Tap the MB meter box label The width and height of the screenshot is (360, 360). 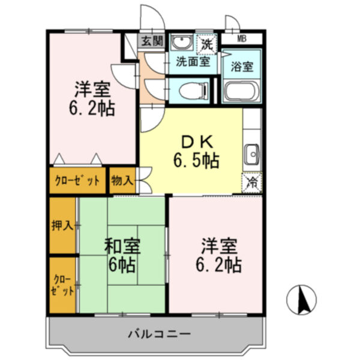[241, 39]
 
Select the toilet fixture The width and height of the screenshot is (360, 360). [193, 90]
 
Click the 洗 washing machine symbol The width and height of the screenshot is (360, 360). [206, 43]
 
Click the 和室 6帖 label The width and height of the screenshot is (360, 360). [122, 255]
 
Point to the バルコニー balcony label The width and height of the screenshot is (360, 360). [158, 333]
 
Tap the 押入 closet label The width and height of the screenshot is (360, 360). [62, 226]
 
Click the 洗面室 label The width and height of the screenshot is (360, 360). [193, 61]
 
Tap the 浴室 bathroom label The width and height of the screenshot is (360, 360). [242, 65]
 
